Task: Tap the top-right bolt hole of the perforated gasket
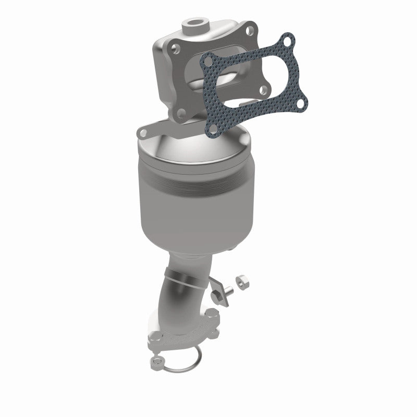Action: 286,40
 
